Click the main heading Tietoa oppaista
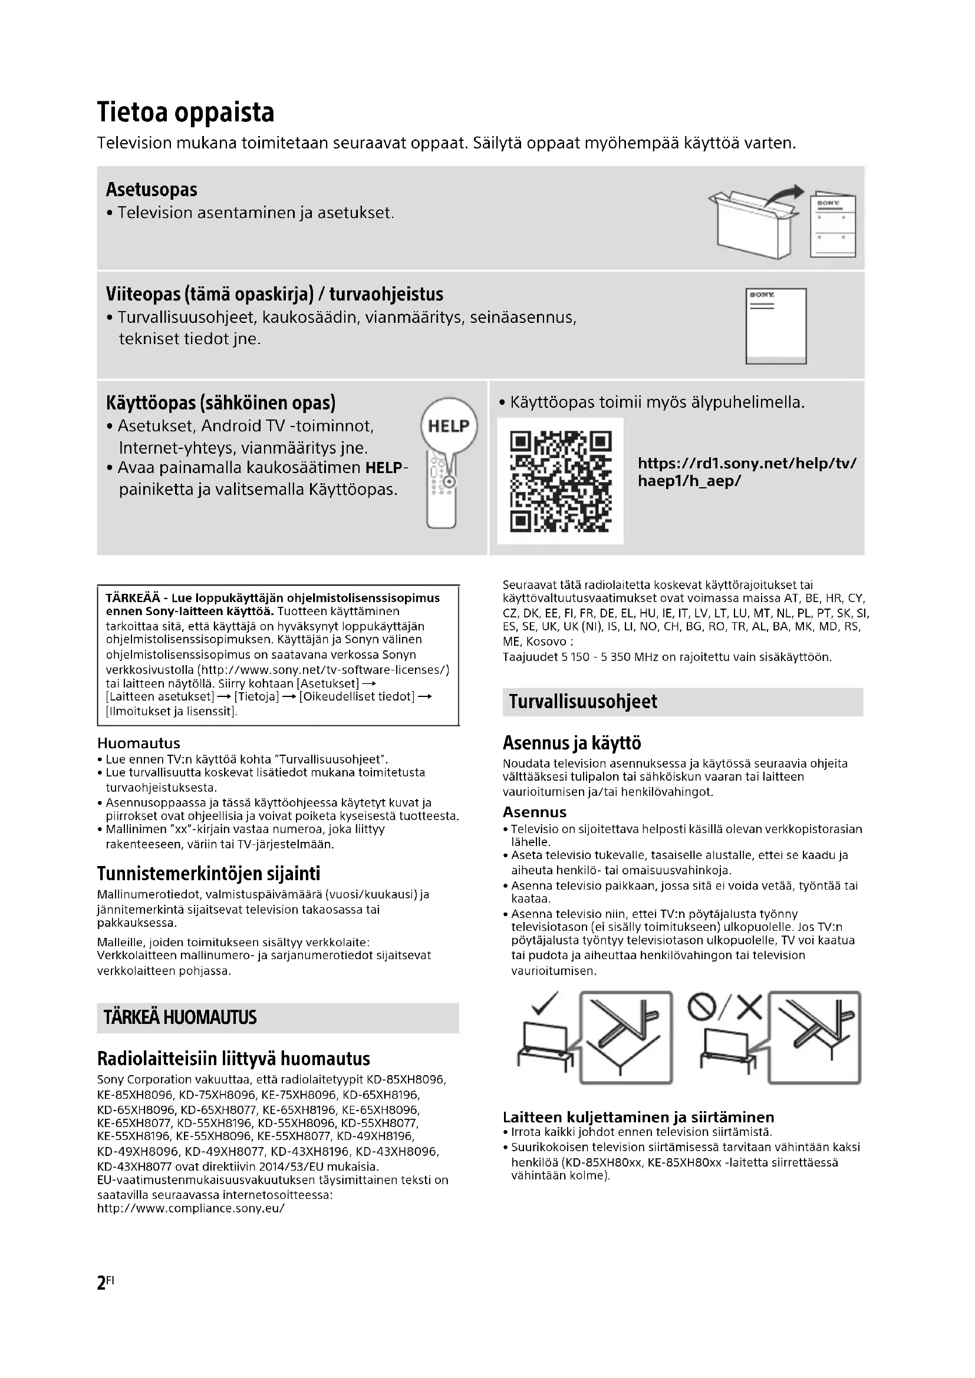(186, 113)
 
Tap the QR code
(560, 481)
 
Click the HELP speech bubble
(449, 426)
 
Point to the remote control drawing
(442, 492)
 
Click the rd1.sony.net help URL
(747, 472)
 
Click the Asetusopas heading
(151, 190)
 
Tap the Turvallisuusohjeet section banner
(682, 702)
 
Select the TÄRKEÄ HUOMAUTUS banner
(278, 1017)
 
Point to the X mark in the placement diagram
(749, 1007)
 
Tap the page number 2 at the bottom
(101, 1283)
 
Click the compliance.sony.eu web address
(191, 1208)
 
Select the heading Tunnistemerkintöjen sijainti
(208, 873)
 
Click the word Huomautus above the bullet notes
(138, 743)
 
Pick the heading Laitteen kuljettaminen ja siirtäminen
(638, 1117)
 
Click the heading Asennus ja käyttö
(572, 743)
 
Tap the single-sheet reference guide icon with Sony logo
(776, 326)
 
